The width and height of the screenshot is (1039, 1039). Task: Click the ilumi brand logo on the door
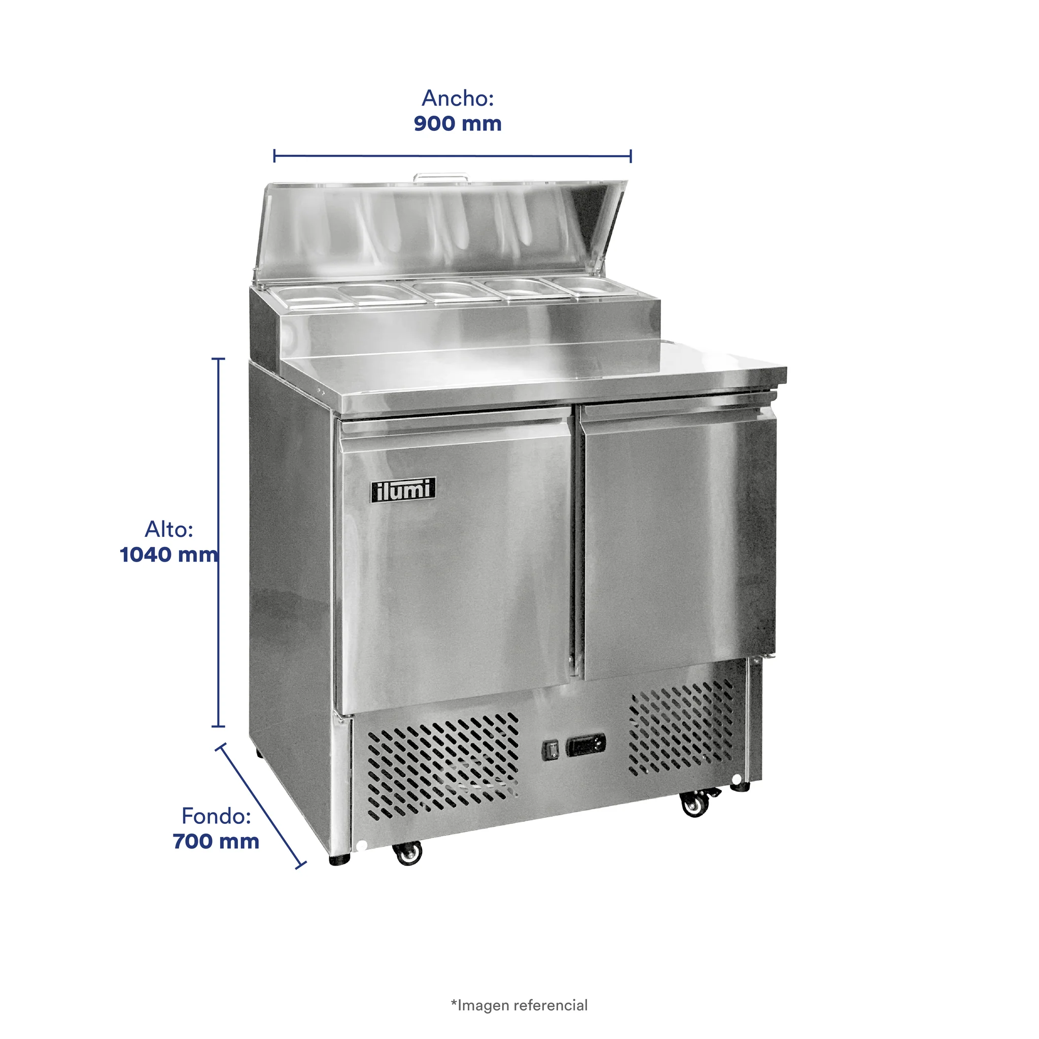tap(403, 490)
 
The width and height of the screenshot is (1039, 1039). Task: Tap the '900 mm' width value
tap(458, 124)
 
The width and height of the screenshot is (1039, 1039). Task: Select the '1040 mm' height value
tap(169, 555)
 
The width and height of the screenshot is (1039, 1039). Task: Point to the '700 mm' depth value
tap(216, 841)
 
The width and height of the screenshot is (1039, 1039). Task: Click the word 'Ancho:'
tap(458, 98)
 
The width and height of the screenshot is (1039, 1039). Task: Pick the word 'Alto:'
tap(169, 529)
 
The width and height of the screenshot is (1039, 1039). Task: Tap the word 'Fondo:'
tap(216, 816)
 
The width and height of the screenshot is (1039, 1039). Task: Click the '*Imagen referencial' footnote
tap(519, 1005)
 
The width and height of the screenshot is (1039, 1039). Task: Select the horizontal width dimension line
tap(452, 156)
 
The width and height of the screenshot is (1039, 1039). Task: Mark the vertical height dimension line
tap(218, 542)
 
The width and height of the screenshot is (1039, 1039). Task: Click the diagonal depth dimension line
tap(261, 806)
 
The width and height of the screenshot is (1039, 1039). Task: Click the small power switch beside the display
tap(550, 750)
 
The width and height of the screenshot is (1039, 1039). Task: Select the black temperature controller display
tap(585, 745)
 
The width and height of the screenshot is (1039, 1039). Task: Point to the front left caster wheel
tap(408, 853)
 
